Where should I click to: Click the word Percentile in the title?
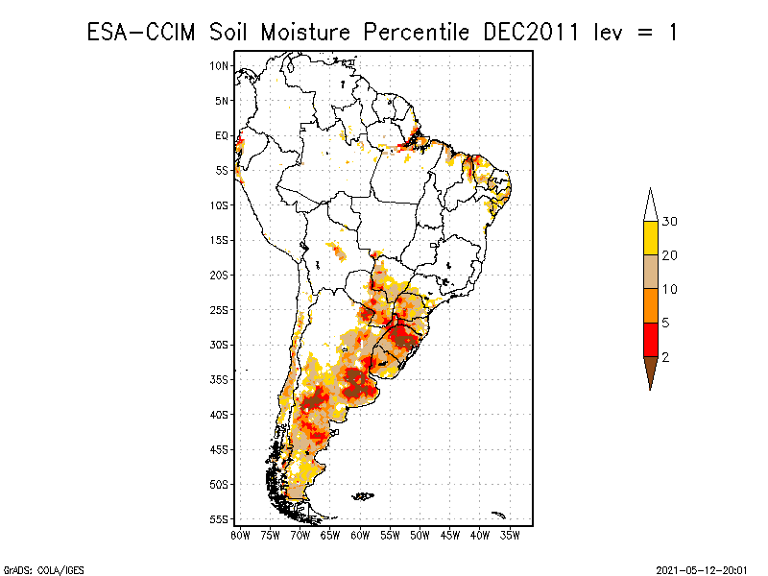tap(417, 33)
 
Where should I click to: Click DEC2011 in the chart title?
tap(531, 33)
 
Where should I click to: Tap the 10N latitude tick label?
tap(219, 65)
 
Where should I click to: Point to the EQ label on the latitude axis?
tap(222, 135)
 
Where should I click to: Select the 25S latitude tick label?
tap(219, 310)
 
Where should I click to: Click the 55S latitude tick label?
tap(219, 519)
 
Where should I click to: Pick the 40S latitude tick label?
tap(219, 415)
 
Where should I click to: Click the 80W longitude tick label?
tap(240, 536)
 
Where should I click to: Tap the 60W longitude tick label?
tap(360, 536)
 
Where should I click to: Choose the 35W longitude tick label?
tap(510, 536)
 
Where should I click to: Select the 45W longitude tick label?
tap(450, 536)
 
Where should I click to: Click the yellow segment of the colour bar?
tap(651, 238)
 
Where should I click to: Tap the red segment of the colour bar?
tap(651, 340)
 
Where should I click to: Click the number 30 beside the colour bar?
tap(669, 222)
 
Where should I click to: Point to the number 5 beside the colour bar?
tap(665, 323)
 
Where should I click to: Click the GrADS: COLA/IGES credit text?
tap(43, 570)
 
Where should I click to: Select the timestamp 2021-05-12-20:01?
tap(702, 570)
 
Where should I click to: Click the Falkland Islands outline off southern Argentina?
tap(363, 496)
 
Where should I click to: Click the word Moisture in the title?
tap(305, 33)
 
